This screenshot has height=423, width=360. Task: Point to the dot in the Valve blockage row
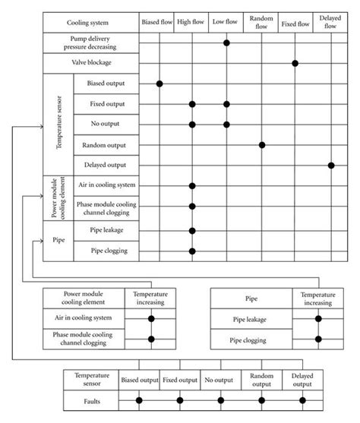[295, 63]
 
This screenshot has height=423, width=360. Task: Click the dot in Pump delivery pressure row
[226, 43]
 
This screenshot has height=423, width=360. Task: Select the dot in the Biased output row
[159, 84]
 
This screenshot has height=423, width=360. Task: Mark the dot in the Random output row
[262, 144]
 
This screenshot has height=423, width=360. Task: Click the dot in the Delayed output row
[331, 165]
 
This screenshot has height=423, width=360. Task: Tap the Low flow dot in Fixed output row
[226, 104]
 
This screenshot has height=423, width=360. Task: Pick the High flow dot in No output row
[191, 124]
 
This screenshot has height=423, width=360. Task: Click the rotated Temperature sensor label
[58, 124]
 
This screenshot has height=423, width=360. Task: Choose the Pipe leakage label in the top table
[106, 231]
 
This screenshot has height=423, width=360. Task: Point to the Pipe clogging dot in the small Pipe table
[318, 339]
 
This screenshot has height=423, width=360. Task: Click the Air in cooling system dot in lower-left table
[152, 319]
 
